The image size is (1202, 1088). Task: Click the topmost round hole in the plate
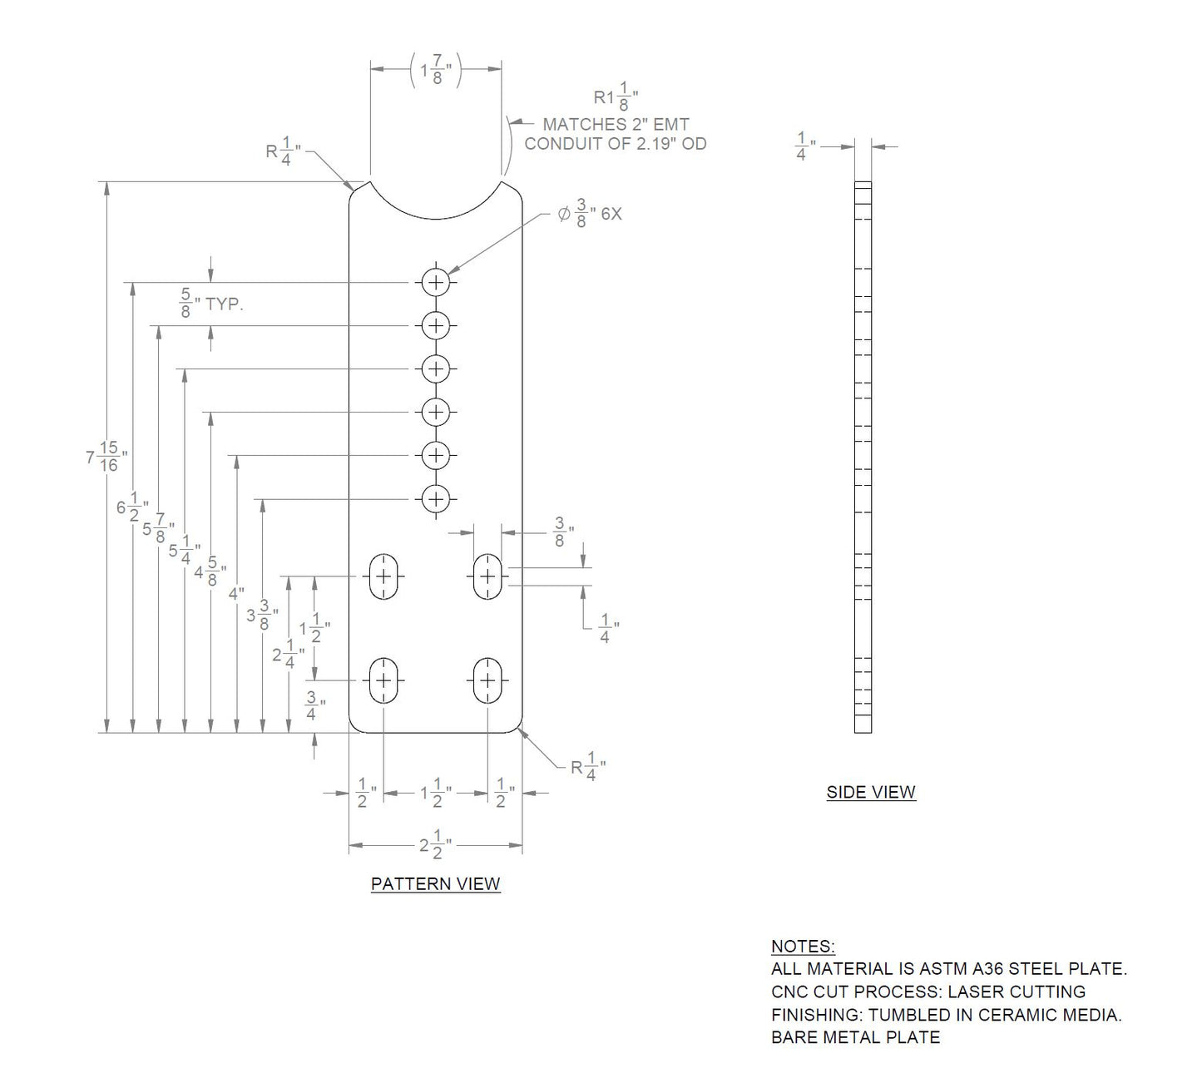(x=435, y=282)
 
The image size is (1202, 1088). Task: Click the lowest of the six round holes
(x=435, y=499)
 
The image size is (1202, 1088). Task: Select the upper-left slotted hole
(x=383, y=576)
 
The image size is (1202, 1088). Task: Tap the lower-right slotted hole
(x=487, y=680)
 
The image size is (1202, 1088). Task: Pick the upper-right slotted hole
(x=487, y=576)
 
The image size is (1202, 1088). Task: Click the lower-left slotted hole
(x=383, y=680)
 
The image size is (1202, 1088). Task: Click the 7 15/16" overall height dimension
(x=106, y=457)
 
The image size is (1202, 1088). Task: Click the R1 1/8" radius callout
(x=616, y=99)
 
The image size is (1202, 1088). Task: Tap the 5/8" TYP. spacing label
(x=211, y=304)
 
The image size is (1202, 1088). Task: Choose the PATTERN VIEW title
(x=435, y=883)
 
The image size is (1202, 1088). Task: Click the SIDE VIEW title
(x=871, y=792)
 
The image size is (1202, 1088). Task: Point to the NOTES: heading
(x=803, y=947)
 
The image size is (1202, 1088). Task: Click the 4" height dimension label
(x=236, y=594)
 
